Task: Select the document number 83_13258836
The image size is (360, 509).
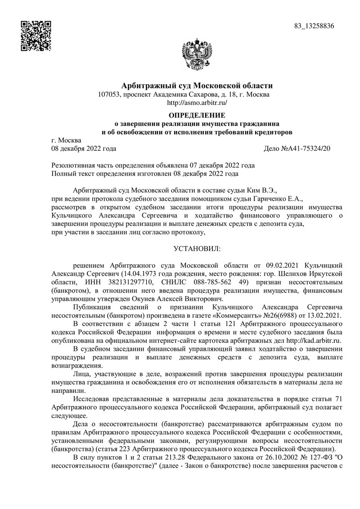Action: [x=314, y=26]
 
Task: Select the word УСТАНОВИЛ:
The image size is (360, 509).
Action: [x=198, y=248]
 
